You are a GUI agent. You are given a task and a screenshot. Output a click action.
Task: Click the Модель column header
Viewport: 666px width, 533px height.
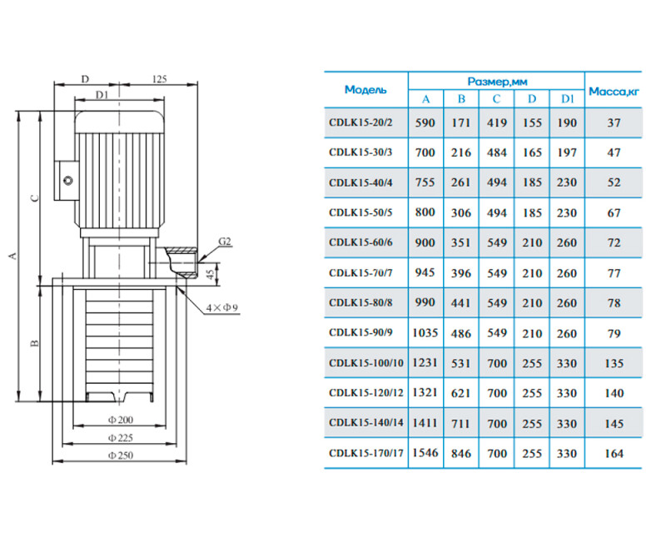(365, 90)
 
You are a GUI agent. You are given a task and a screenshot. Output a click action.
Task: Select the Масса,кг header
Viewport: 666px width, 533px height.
(614, 92)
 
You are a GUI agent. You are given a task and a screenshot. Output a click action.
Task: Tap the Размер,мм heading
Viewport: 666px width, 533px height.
(497, 81)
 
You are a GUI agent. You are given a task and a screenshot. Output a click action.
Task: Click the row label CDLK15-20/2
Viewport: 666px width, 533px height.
(360, 122)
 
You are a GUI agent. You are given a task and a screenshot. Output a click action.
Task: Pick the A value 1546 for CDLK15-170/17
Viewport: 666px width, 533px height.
(425, 453)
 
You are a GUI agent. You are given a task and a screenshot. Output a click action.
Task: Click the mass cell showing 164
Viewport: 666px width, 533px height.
(614, 454)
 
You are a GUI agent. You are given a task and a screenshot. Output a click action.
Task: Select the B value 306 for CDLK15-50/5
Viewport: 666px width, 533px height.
(461, 212)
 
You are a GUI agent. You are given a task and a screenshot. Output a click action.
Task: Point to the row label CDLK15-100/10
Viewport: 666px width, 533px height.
(366, 363)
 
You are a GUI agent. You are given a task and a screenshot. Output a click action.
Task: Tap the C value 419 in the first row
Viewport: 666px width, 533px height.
(496, 122)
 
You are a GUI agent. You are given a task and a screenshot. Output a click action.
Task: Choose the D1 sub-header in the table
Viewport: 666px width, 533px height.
(567, 99)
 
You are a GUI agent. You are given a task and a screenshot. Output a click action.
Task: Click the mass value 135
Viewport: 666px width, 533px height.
(614, 363)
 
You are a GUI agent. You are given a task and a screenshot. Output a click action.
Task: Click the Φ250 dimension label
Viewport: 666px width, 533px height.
(121, 456)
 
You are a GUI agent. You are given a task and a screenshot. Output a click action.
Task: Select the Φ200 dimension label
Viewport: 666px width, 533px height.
(121, 420)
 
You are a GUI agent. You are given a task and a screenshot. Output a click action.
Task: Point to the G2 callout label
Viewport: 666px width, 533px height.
(225, 242)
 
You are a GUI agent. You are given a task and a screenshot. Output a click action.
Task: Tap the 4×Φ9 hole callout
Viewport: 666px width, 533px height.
(221, 308)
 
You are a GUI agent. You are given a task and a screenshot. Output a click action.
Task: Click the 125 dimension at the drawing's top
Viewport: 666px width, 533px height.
(159, 79)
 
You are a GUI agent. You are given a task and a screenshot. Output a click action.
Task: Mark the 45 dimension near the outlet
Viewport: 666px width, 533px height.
(211, 274)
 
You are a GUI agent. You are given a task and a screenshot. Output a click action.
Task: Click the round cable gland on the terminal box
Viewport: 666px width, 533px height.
(68, 180)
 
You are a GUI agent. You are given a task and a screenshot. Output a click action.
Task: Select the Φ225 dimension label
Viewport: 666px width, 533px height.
(121, 438)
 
